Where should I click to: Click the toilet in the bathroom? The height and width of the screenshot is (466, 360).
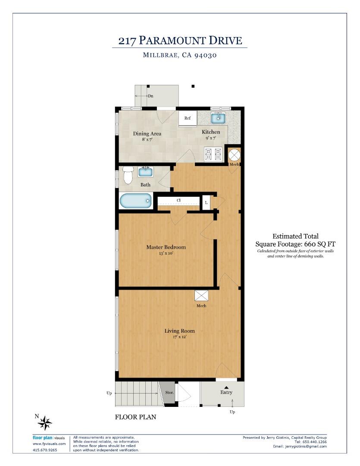[128, 175]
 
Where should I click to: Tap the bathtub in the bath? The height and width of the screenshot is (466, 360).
[135, 201]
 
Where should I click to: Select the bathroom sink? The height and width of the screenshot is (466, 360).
[145, 172]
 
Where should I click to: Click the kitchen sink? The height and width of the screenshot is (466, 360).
[218, 117]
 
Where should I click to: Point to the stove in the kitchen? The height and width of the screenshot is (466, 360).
[213, 154]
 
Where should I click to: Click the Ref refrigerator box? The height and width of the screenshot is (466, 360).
[188, 118]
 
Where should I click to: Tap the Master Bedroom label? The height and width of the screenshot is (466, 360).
[166, 247]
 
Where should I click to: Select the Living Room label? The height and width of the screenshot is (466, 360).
[179, 331]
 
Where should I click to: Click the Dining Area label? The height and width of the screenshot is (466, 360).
[147, 134]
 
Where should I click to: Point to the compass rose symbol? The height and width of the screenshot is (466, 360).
[45, 423]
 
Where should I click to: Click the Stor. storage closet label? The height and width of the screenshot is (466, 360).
[169, 393]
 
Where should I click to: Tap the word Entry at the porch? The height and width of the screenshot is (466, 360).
[226, 392]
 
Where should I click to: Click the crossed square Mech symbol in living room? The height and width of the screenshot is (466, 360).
[201, 296]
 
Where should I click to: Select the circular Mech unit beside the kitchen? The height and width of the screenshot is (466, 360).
[234, 154]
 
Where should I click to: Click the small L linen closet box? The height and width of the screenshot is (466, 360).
[206, 202]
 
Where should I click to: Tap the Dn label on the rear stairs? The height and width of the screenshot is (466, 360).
[150, 96]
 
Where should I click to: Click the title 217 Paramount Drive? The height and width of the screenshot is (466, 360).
[180, 41]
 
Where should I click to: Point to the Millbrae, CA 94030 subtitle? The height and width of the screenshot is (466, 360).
[180, 55]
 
